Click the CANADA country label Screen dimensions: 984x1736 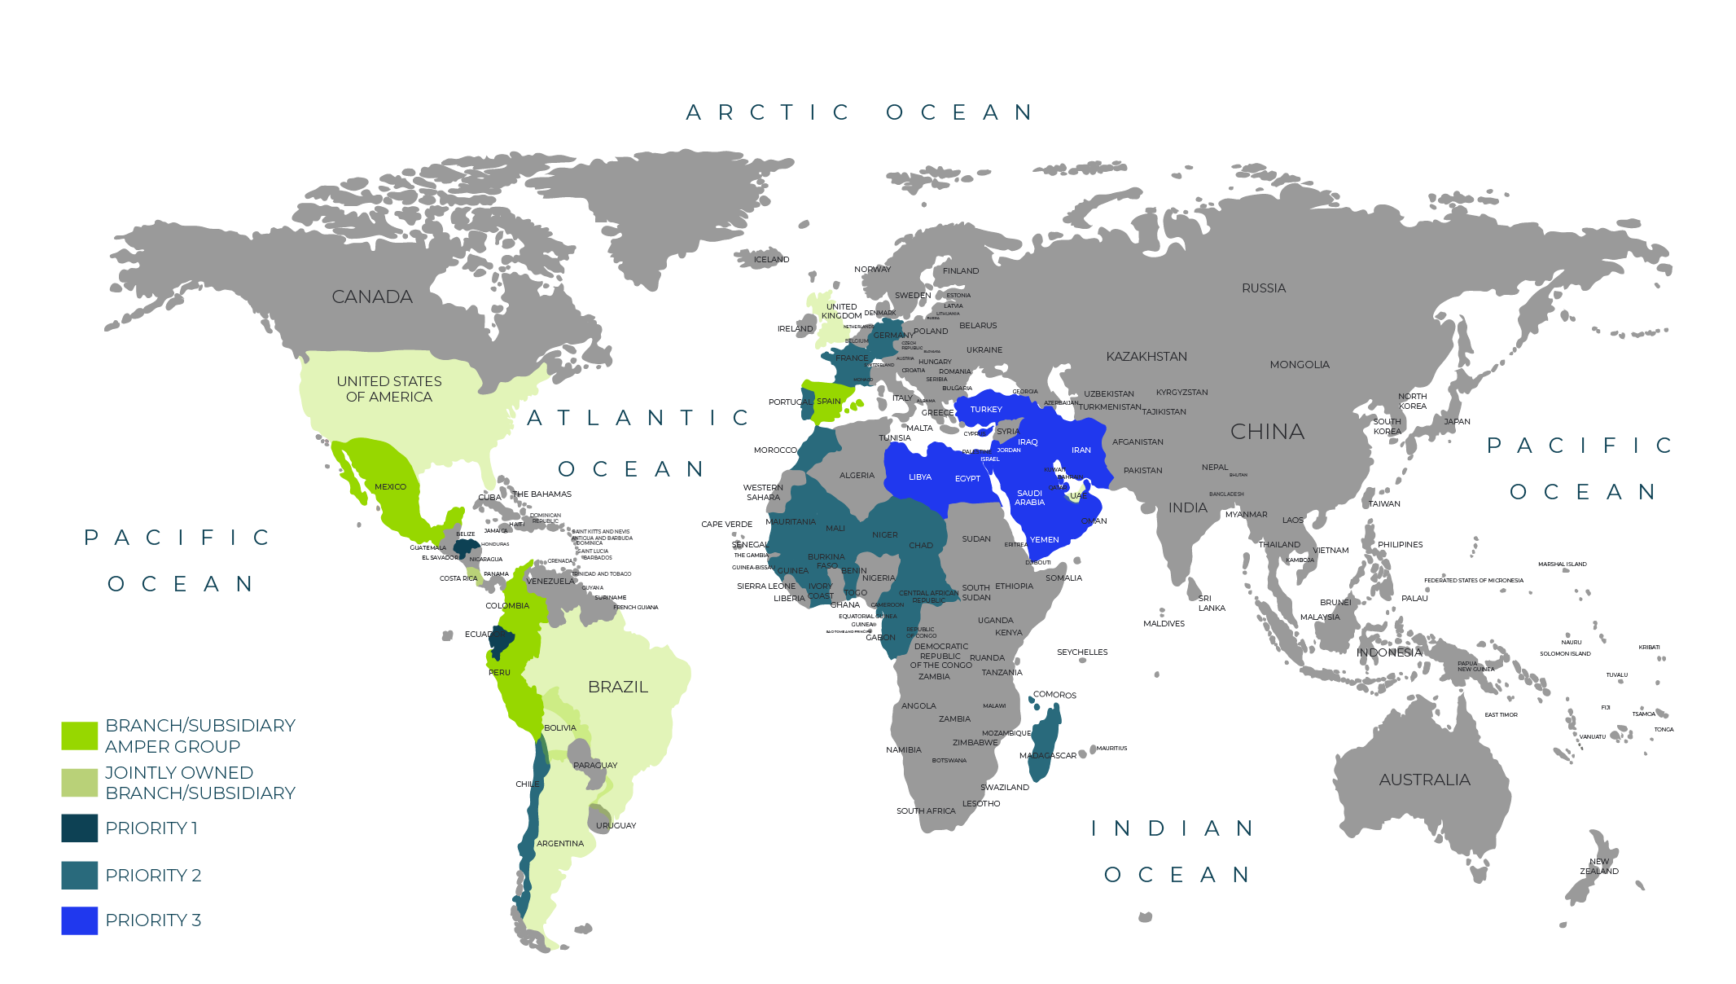[x=372, y=297]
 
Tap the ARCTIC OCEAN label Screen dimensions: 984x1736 [x=860, y=112]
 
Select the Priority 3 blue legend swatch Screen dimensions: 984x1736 [x=80, y=920]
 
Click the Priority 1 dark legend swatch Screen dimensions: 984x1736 [x=80, y=828]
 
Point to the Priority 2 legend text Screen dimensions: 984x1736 [x=153, y=875]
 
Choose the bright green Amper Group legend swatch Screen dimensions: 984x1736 [x=80, y=736]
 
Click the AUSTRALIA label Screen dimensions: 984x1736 [x=1424, y=780]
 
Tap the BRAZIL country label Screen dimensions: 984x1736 [x=618, y=687]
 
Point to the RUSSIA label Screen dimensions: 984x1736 [x=1264, y=288]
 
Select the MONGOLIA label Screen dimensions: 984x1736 [x=1300, y=365]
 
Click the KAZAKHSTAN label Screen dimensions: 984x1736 [x=1146, y=357]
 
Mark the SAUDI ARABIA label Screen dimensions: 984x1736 [x=1029, y=498]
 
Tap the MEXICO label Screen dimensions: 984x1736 [x=390, y=487]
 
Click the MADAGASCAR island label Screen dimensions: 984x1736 [x=1048, y=756]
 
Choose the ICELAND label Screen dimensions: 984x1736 [x=771, y=260]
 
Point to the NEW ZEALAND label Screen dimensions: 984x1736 [x=1599, y=866]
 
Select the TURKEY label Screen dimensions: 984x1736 [x=986, y=410]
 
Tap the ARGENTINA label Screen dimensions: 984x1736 [x=560, y=844]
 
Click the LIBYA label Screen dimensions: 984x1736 [x=920, y=477]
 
